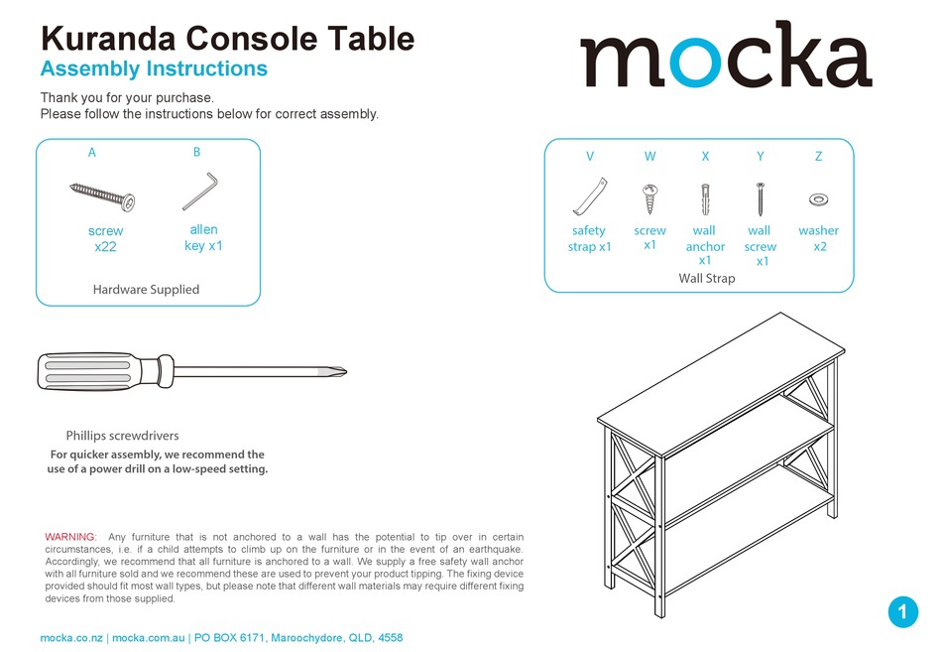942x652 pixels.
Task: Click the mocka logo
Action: [x=725, y=58]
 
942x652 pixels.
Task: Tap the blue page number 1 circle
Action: [x=902, y=612]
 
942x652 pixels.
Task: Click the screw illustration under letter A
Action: [x=102, y=196]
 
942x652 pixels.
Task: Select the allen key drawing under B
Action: [x=200, y=192]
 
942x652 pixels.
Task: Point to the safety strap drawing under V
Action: [x=588, y=196]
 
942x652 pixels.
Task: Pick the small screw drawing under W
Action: [x=650, y=197]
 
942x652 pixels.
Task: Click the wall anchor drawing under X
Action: [x=705, y=197]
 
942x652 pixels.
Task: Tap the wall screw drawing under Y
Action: [x=760, y=199]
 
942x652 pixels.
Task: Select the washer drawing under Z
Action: [x=818, y=199]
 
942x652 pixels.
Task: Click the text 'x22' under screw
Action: [x=105, y=247]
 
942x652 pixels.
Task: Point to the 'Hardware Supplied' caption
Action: [x=146, y=290]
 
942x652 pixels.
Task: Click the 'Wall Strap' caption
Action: [x=706, y=278]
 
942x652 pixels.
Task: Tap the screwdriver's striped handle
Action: [x=97, y=373]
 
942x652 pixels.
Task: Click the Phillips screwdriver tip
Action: [x=337, y=373]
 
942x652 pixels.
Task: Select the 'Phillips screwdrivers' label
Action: [x=122, y=436]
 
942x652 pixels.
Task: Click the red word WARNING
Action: [x=70, y=537]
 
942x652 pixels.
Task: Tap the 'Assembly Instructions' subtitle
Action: [x=154, y=68]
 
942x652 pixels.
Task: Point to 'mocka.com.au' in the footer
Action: [x=148, y=638]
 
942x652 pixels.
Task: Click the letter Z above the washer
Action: [x=818, y=156]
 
